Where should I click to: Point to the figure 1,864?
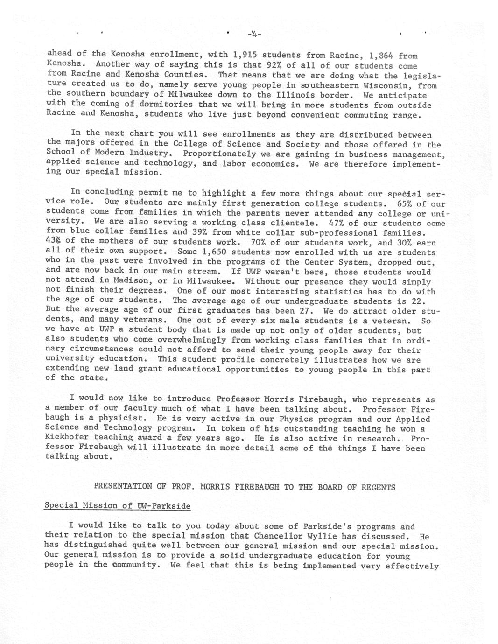(x=381, y=56)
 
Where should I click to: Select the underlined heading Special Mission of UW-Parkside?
(x=117, y=506)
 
